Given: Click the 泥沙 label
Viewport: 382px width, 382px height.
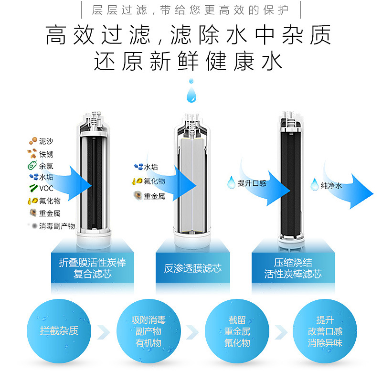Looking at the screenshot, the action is click(47, 141).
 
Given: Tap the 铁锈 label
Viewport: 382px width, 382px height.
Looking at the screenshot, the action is click(47, 154).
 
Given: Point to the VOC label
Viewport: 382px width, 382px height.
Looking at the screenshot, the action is click(46, 189).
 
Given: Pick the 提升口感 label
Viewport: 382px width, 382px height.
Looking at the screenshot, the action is click(252, 183).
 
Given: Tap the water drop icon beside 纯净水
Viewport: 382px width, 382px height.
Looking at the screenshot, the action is click(315, 184).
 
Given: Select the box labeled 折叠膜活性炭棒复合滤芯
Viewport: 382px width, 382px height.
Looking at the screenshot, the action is click(93, 268).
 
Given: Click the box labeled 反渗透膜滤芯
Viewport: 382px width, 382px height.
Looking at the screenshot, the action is click(193, 268).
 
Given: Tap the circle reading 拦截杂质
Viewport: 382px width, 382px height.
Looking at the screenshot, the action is click(59, 331).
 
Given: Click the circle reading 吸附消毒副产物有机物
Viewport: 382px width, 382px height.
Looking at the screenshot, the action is click(148, 331).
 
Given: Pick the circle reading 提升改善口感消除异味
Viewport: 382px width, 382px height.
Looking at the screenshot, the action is click(325, 331).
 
